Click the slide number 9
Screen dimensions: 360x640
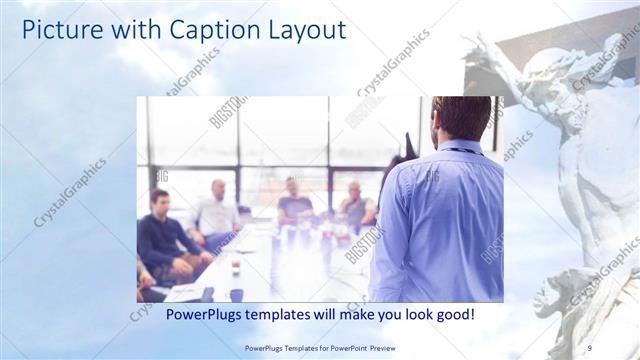point(588,347)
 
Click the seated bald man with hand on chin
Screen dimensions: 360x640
point(354,206)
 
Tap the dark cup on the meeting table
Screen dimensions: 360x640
point(235,267)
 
